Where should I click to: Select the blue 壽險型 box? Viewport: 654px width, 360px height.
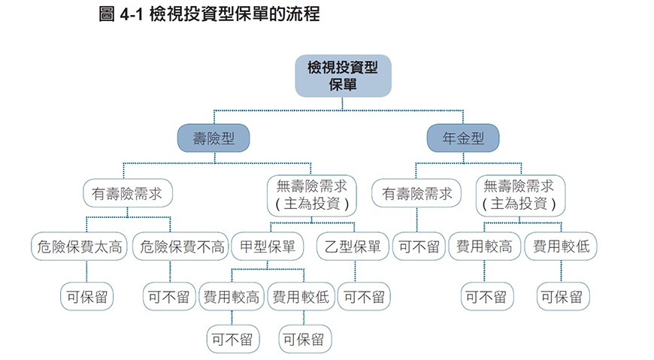tap(213, 138)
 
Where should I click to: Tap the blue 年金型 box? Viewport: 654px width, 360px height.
tap(462, 138)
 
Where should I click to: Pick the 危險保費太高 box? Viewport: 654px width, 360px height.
tap(79, 247)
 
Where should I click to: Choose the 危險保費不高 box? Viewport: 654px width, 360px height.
tap(180, 247)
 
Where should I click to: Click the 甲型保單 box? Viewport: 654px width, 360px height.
tap(268, 247)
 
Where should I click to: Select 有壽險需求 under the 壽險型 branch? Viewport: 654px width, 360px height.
tap(127, 193)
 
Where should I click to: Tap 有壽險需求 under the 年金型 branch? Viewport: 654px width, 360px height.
tap(417, 193)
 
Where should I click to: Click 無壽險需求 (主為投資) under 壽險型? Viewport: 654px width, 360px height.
tap(310, 193)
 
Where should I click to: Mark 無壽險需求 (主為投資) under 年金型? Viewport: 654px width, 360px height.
tap(519, 193)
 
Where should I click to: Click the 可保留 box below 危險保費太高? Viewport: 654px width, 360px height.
tap(86, 297)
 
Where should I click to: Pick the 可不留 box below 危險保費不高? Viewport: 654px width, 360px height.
tap(169, 297)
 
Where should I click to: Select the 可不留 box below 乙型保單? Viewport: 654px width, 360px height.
tap(363, 297)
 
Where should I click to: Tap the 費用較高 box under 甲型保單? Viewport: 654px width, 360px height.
tap(231, 297)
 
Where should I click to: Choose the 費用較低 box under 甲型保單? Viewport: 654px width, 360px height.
tap(301, 297)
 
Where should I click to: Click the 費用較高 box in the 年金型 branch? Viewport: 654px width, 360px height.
tap(484, 247)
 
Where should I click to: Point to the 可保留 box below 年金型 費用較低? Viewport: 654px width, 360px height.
tap(562, 297)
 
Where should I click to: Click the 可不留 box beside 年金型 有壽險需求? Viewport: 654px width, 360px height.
tap(419, 247)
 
